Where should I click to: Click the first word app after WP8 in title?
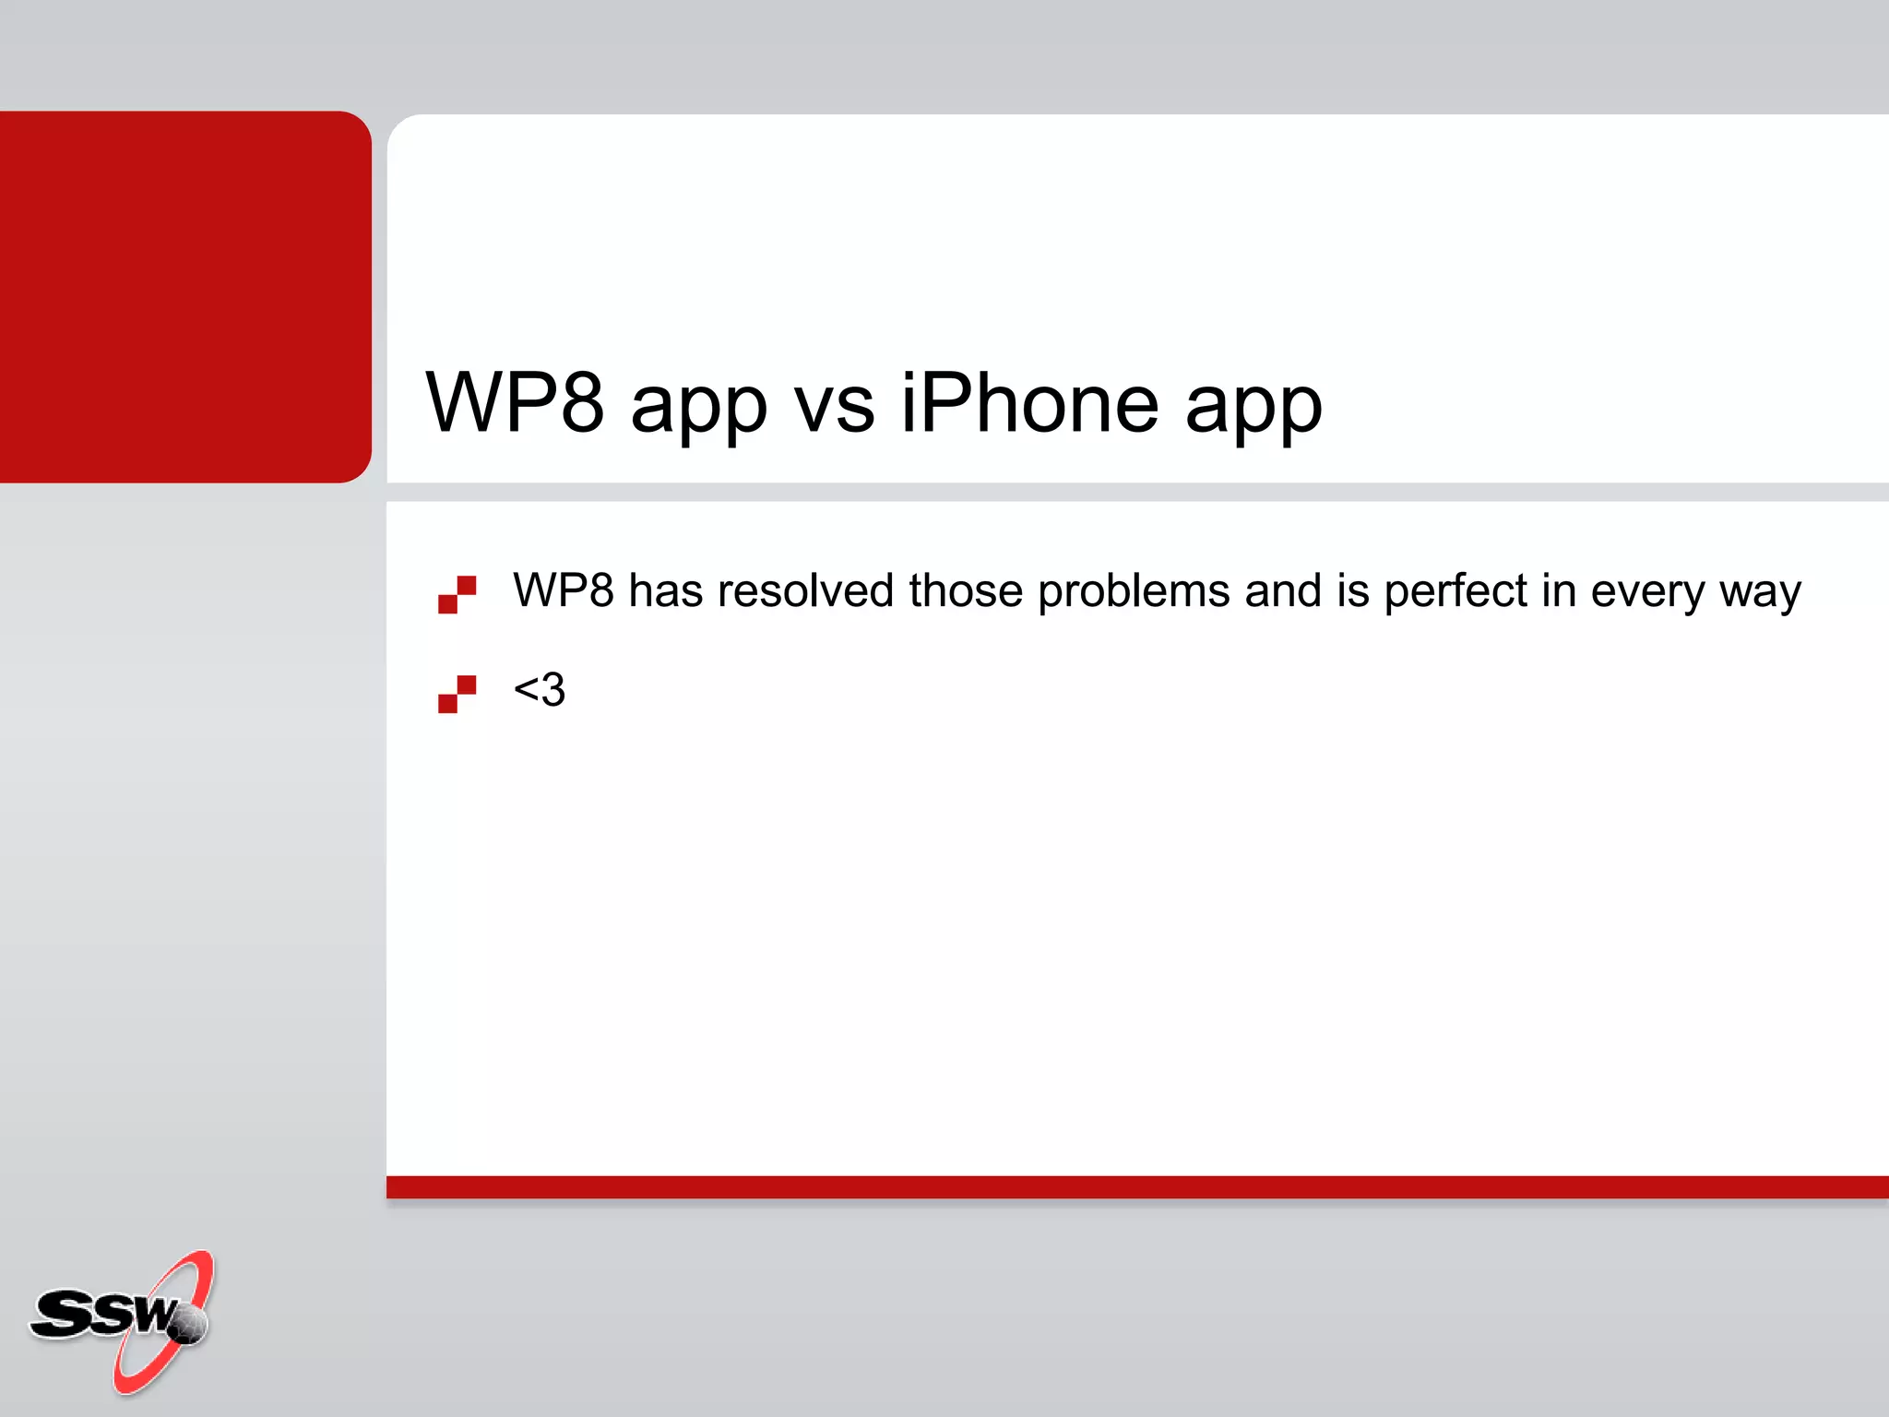click(698, 411)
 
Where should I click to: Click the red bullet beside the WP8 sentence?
click(457, 594)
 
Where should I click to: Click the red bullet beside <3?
click(457, 694)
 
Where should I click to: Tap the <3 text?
click(539, 690)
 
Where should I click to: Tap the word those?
click(965, 590)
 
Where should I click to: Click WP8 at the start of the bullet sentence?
click(563, 590)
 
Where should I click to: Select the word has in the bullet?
click(665, 590)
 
